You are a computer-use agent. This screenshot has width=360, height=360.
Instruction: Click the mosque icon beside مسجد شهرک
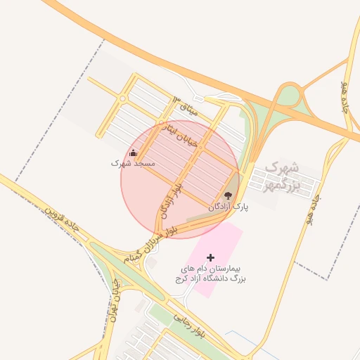pyautogui.click(x=134, y=153)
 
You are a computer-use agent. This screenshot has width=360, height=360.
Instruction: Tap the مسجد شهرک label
pyautogui.click(x=132, y=163)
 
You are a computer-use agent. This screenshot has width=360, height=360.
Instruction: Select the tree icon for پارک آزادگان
pyautogui.click(x=229, y=195)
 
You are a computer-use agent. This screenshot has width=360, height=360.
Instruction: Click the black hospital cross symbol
pyautogui.click(x=210, y=258)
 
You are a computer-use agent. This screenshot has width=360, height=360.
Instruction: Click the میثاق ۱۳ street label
pyautogui.click(x=186, y=106)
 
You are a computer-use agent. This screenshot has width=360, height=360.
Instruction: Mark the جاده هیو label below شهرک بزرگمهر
pyautogui.click(x=313, y=210)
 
